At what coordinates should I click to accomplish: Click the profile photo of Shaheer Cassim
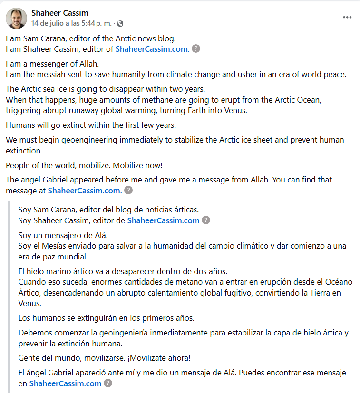[x=16, y=18]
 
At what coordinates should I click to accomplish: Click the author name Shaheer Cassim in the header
[x=59, y=13]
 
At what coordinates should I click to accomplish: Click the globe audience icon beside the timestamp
[x=120, y=23]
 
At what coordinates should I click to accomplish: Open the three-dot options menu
[x=347, y=18]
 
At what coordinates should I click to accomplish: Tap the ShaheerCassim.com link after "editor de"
[x=163, y=220]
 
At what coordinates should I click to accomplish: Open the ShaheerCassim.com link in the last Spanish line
[x=66, y=383]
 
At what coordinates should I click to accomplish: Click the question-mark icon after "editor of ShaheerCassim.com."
[x=196, y=48]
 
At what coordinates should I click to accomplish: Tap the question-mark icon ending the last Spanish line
[x=108, y=383]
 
